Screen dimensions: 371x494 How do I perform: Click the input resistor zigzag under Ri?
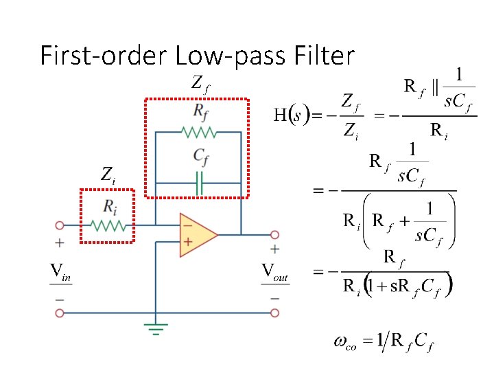tap(107, 225)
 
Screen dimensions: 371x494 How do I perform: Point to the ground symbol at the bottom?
tap(156, 328)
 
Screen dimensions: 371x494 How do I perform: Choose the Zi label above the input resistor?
tap(108, 175)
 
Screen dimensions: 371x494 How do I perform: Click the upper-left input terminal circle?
tap(60, 225)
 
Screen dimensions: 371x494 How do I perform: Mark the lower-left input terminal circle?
tap(60, 313)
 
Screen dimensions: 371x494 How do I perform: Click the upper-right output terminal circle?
tap(275, 234)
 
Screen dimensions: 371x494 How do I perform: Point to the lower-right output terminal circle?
tap(275, 313)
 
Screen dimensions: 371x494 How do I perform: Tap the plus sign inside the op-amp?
tap(186, 242)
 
